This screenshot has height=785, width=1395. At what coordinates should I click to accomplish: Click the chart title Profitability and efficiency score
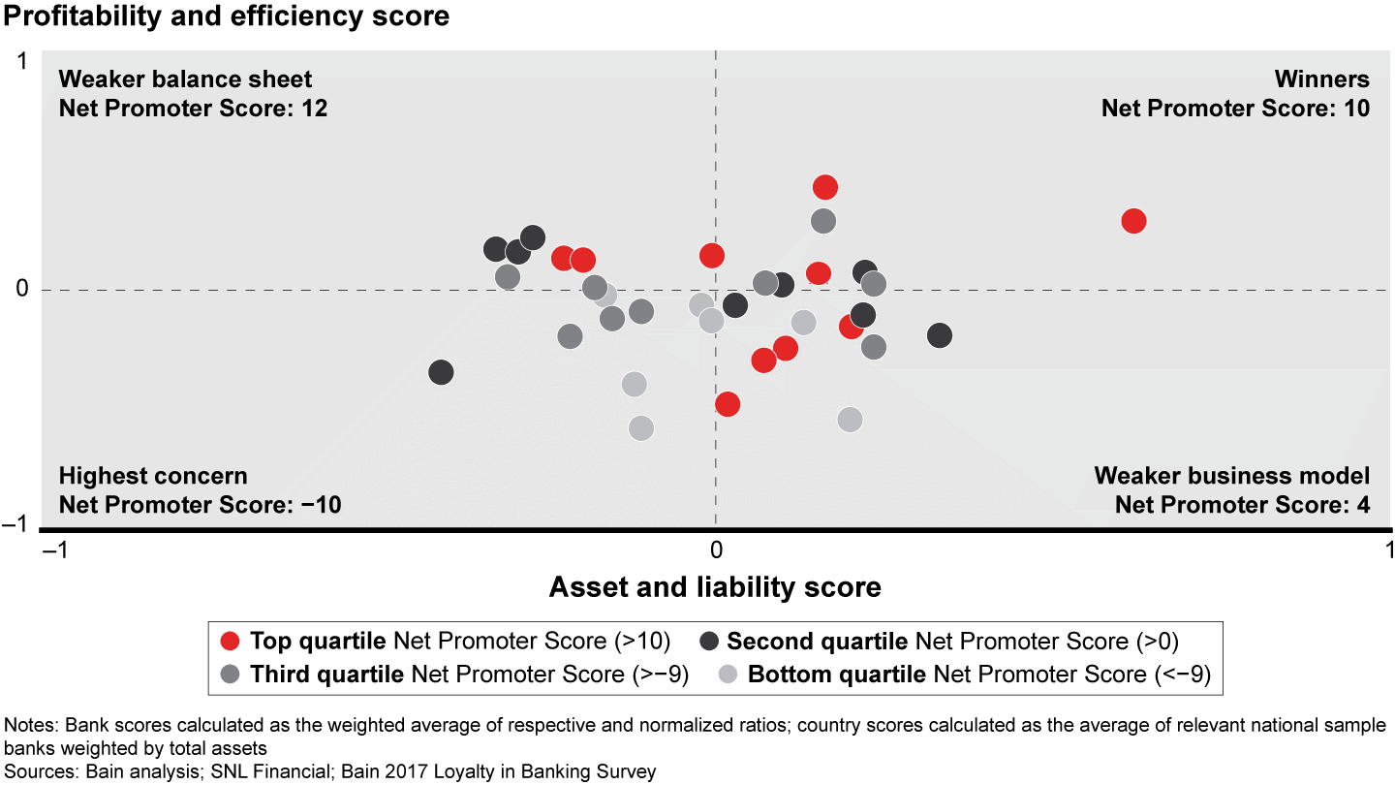click(225, 16)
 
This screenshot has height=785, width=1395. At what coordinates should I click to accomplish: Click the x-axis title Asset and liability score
click(715, 586)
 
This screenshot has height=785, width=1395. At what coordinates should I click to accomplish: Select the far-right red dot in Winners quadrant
click(1133, 221)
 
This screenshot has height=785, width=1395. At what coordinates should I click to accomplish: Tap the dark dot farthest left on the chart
click(441, 372)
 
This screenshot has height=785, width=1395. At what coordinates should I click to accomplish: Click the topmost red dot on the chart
click(825, 187)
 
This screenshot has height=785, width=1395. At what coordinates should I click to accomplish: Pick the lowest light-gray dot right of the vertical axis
click(850, 420)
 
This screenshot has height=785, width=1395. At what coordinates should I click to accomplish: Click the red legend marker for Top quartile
click(230, 641)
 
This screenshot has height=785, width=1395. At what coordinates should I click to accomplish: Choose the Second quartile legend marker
click(709, 641)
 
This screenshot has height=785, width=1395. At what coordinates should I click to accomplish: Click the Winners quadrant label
click(1321, 79)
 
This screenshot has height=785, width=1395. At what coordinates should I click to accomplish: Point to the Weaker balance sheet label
click(185, 79)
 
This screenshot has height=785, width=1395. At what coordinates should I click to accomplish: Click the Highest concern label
click(153, 476)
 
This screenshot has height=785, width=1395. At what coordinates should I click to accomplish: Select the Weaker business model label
click(1231, 476)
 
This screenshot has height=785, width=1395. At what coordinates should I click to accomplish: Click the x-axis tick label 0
click(715, 549)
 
